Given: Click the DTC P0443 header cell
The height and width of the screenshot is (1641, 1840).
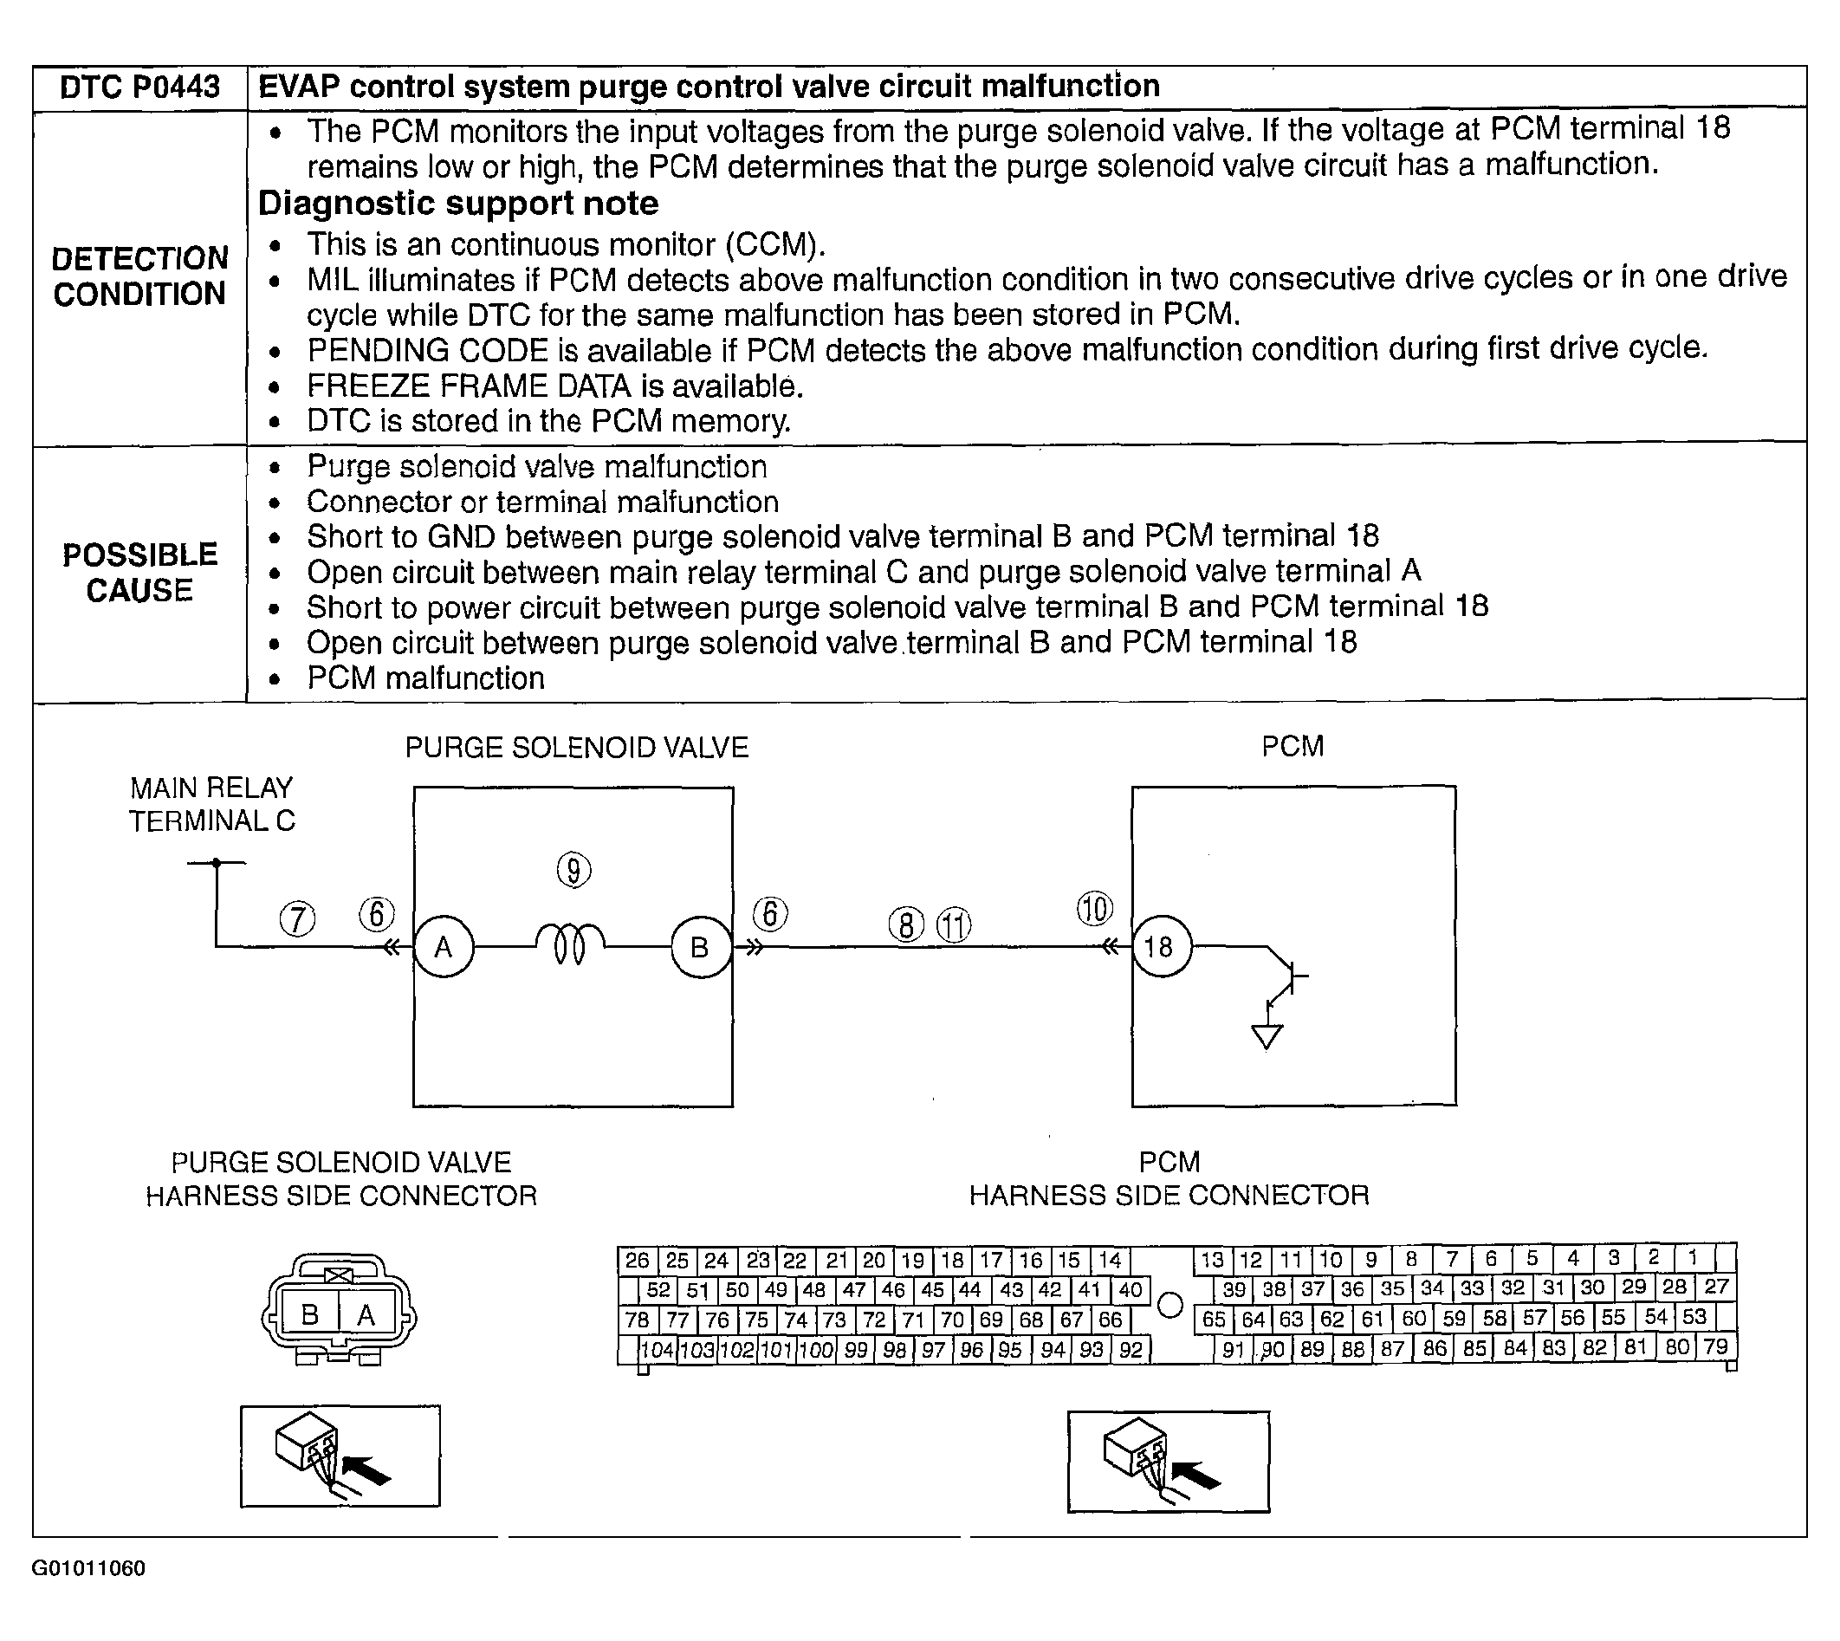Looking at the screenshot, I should (x=139, y=88).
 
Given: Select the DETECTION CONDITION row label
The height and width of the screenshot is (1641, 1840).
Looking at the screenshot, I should (x=139, y=276).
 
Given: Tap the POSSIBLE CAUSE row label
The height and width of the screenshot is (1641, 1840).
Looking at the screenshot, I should (x=139, y=572).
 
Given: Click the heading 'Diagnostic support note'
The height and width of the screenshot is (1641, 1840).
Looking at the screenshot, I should (x=458, y=204).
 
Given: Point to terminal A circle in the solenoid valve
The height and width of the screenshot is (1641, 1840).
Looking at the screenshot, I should (x=444, y=947).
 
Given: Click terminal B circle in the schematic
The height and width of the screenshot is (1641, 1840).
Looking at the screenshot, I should (x=701, y=947).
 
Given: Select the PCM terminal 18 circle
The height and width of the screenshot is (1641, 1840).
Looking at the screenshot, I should (x=1160, y=947).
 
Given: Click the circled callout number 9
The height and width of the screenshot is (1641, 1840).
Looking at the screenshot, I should (x=573, y=870).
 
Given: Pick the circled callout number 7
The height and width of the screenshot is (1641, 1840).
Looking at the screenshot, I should (x=297, y=918).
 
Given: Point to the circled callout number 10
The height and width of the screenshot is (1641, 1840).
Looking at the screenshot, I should (x=1094, y=908).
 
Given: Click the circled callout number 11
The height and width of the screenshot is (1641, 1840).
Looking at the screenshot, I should (x=954, y=925).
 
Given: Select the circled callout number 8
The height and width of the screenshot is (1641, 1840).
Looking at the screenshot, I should (x=906, y=925).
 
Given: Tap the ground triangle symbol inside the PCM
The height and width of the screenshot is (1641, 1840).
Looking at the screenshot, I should (x=1267, y=1037).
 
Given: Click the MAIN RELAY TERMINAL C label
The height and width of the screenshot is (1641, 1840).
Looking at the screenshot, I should (x=212, y=804).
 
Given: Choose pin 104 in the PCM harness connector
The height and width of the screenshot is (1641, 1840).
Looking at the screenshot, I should (x=658, y=1349).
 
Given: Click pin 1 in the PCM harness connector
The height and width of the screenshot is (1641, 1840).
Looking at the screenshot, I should (x=1692, y=1258).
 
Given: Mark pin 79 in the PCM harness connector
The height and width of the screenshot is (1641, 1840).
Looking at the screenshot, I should (x=1715, y=1347).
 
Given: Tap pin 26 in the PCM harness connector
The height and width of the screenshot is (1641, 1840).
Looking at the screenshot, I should (x=638, y=1260).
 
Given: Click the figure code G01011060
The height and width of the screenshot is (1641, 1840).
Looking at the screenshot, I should (x=88, y=1568).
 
